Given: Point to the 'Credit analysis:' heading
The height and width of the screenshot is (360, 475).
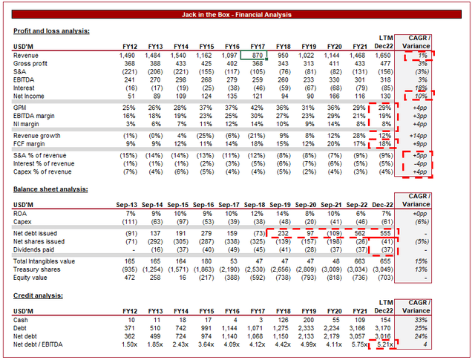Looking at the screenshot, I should [x=37, y=295].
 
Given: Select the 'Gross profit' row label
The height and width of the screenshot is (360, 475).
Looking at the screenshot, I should [x=33, y=65].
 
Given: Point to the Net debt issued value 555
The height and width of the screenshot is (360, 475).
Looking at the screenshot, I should [x=392, y=232].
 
